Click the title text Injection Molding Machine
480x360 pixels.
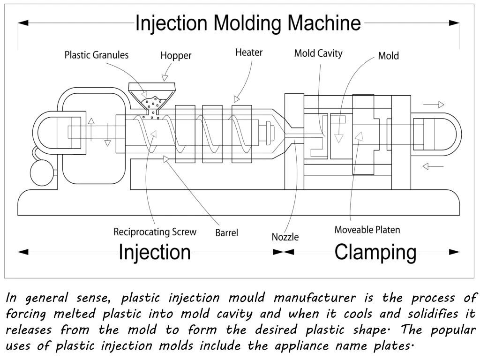click(248, 23)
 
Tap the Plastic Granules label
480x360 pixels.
click(96, 55)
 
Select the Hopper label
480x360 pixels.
click(176, 55)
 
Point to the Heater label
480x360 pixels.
click(248, 52)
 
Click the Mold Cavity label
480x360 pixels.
click(318, 53)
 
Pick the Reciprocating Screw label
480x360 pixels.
click(155, 232)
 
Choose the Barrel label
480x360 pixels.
click(226, 232)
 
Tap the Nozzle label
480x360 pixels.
click(285, 237)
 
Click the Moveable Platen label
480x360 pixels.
click(367, 230)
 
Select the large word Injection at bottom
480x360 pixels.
click(155, 252)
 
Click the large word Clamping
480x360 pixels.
click(375, 252)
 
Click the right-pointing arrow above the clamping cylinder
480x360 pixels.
click(434, 105)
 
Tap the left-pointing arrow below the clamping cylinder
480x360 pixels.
click(432, 166)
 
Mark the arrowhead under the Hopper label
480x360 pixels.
click(165, 77)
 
